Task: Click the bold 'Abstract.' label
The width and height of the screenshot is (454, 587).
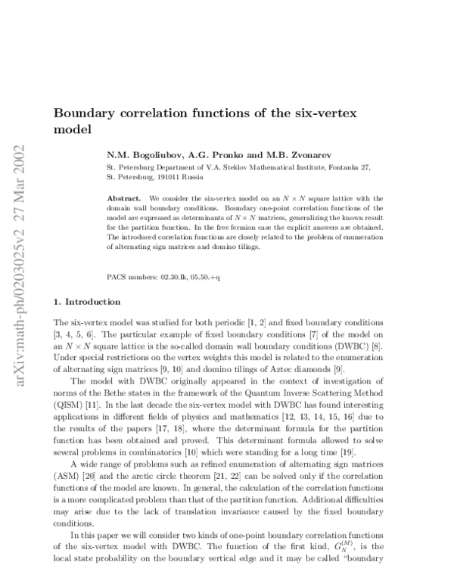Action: tap(124, 197)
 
